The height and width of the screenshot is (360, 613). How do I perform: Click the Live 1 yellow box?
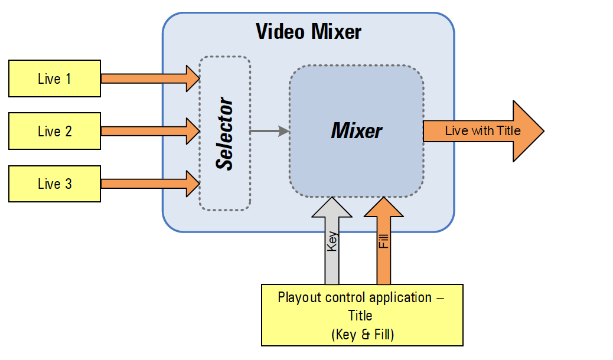[54, 78]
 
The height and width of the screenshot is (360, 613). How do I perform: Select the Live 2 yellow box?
[54, 131]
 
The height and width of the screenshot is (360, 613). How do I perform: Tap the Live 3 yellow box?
[54, 184]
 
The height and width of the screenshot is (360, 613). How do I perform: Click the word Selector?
[225, 135]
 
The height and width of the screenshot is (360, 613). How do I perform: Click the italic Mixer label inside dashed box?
[356, 130]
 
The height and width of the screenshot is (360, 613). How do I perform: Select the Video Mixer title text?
[308, 31]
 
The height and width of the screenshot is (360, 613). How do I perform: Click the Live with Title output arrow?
[472, 131]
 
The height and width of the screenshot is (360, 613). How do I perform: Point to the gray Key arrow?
[332, 248]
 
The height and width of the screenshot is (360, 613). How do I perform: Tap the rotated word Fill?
[384, 241]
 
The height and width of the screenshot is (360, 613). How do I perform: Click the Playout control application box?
[362, 315]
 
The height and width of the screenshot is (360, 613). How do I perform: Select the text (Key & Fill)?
[362, 335]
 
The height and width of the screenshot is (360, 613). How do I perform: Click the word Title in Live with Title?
[508, 131]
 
